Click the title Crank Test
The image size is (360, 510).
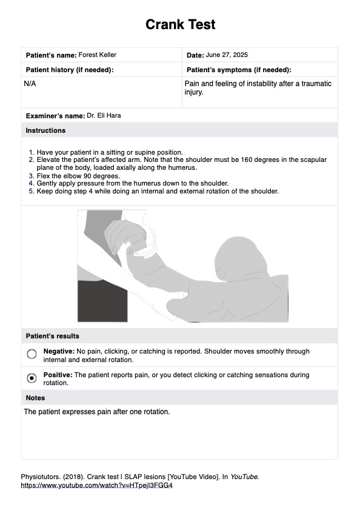point(180,25)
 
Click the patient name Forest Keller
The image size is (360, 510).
point(98,55)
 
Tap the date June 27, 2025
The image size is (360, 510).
point(227,55)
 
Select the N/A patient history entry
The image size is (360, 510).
point(30,84)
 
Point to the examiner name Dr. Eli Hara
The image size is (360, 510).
point(104,115)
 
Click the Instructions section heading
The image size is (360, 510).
point(45,130)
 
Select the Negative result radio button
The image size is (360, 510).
point(32,355)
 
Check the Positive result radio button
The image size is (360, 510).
point(32,378)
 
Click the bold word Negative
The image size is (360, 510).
point(58,351)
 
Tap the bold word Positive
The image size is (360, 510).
point(58,375)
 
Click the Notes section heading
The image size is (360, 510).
point(35,398)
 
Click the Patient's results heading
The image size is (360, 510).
point(52,336)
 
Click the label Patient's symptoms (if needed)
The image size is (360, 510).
point(239,70)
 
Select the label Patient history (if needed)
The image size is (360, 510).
point(69,70)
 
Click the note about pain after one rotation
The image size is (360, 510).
point(97,412)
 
